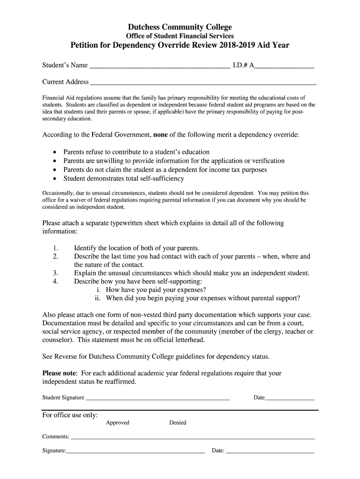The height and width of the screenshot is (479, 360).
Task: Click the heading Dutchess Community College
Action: coord(180,27)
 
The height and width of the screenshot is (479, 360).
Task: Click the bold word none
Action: coord(160,135)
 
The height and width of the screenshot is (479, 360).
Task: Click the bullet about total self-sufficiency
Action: coord(123,179)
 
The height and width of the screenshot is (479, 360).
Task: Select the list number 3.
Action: coord(56,273)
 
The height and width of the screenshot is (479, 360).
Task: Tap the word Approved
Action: coord(117,423)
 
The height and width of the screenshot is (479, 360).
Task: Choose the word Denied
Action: coord(178,423)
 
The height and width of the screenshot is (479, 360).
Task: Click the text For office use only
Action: coord(70,415)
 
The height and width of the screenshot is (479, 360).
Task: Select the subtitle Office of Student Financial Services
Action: coord(180,36)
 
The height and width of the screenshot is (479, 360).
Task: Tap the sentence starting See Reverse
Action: coord(156,356)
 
